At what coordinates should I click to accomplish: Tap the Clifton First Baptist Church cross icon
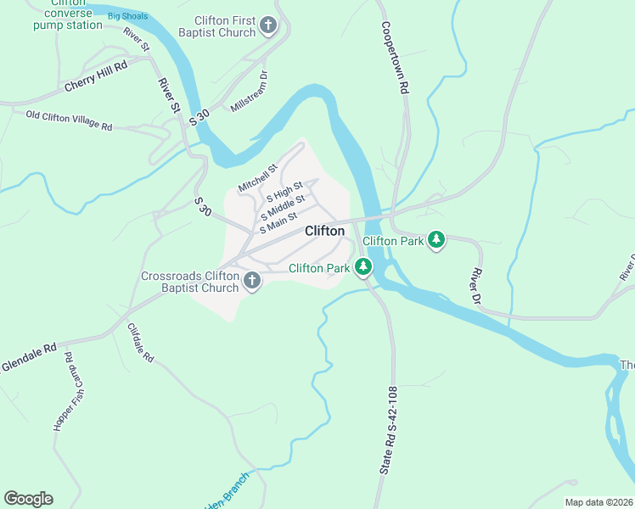point(267,25)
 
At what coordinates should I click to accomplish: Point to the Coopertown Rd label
point(395,57)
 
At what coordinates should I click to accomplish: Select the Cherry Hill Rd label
point(96,76)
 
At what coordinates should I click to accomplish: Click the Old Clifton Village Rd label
point(69,120)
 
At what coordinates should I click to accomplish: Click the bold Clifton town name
point(324,231)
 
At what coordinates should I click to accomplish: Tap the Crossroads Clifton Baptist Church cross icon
point(251,282)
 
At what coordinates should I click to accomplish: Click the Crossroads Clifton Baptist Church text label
point(191,282)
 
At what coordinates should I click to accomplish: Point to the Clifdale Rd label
point(140,344)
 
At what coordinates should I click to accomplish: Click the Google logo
point(28,499)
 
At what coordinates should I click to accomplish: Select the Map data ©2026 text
point(598,502)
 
